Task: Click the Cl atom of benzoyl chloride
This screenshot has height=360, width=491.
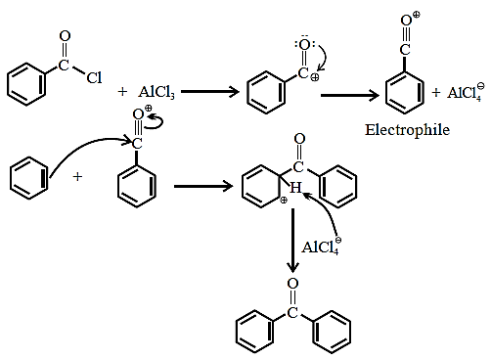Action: coord(94,77)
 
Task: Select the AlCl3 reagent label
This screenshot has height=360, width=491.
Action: coord(156,92)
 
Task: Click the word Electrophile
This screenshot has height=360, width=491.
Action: coord(407,130)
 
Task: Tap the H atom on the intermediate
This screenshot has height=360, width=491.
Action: coord(295,188)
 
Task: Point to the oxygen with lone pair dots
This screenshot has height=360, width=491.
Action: coord(304,45)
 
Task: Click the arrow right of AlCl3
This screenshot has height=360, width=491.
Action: coord(210,92)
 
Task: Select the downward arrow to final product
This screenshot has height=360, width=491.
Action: coord(292,241)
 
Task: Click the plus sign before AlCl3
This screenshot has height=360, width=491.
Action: coord(122,92)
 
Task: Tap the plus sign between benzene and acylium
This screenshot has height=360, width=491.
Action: coord(77,177)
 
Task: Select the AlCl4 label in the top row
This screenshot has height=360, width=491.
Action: coord(466,92)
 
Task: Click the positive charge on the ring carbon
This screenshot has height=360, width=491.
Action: coord(284,201)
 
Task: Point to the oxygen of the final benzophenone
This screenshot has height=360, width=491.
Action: coord(292,284)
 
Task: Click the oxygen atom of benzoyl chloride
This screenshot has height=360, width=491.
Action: coord(65,36)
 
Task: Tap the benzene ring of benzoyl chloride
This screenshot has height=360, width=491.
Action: coord(26,84)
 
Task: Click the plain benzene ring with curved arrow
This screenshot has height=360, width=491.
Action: coord(29,178)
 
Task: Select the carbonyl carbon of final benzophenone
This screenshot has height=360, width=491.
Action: coord(292,312)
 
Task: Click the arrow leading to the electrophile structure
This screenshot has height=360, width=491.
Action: coord(350,95)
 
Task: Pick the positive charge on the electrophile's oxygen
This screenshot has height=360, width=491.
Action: coord(417,15)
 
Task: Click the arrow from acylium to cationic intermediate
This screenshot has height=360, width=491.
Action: coord(203,187)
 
